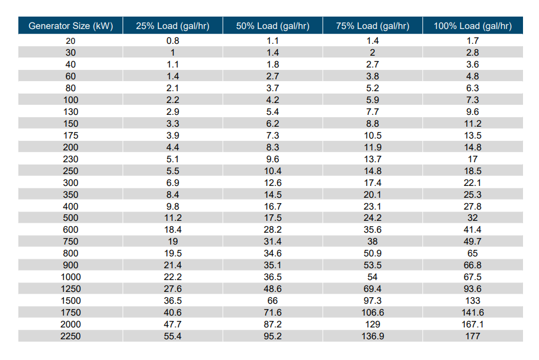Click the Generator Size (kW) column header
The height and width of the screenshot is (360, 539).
[70, 26]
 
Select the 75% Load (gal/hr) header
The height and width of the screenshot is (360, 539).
[372, 26]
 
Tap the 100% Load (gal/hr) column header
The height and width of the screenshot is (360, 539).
[472, 26]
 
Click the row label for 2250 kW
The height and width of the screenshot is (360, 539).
[70, 336]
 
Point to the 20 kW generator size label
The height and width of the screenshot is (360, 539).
[70, 41]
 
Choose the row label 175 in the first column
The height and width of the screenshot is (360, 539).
[70, 136]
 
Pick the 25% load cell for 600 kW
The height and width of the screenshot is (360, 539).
[172, 230]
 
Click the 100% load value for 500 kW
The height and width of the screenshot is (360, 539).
[472, 218]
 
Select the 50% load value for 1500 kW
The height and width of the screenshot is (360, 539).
[272, 301]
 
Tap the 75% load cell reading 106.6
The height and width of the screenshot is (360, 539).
[372, 313]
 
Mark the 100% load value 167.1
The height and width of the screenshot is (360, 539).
[472, 324]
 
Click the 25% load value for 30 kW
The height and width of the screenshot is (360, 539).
[172, 53]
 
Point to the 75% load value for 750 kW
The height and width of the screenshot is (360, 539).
[372, 242]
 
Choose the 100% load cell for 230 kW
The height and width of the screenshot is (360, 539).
[472, 159]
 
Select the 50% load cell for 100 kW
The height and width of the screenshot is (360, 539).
[272, 100]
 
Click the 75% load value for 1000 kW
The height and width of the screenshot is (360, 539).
[372, 277]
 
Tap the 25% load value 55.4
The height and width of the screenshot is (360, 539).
[172, 336]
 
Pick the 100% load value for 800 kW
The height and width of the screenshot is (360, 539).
[472, 253]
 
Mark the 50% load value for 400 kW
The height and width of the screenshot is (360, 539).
[272, 206]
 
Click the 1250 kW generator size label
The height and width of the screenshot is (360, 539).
[70, 289]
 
